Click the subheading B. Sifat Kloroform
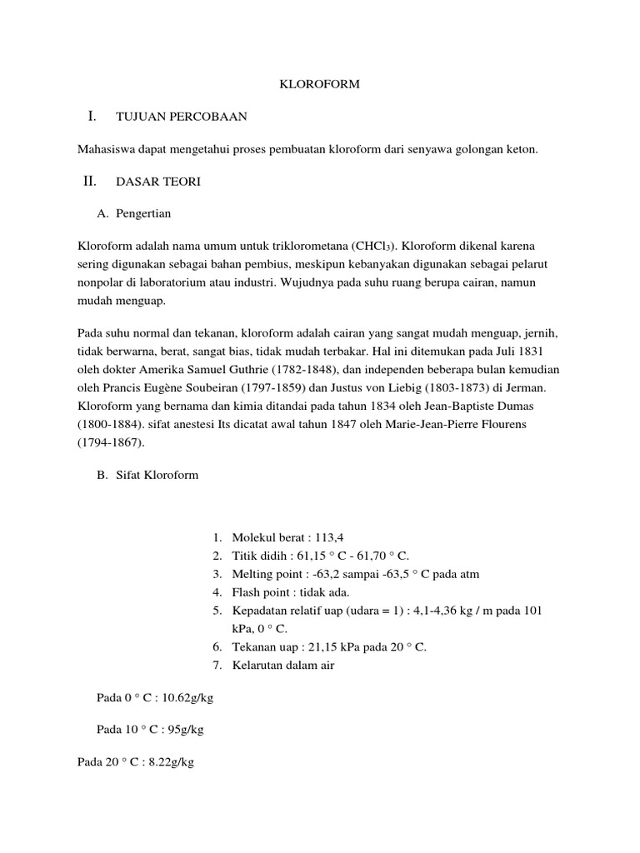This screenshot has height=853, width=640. pos(147,475)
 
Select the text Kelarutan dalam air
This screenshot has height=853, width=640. pos(283,665)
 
